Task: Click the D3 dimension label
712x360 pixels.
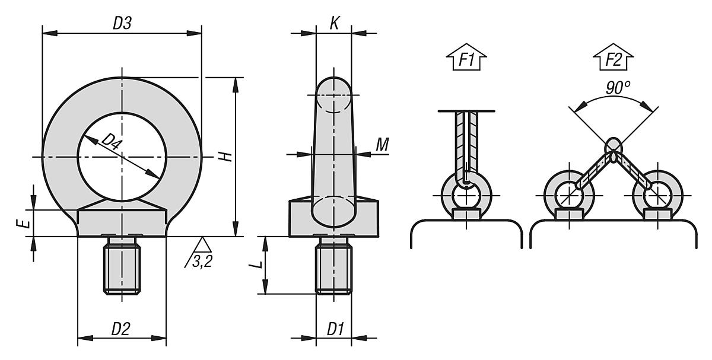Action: [x=122, y=24]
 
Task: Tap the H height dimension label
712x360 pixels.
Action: [x=224, y=157]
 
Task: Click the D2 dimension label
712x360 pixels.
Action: [x=121, y=328]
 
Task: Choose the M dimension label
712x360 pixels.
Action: [x=383, y=144]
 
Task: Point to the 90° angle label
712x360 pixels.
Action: [x=618, y=88]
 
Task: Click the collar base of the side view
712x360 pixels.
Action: [x=333, y=218]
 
